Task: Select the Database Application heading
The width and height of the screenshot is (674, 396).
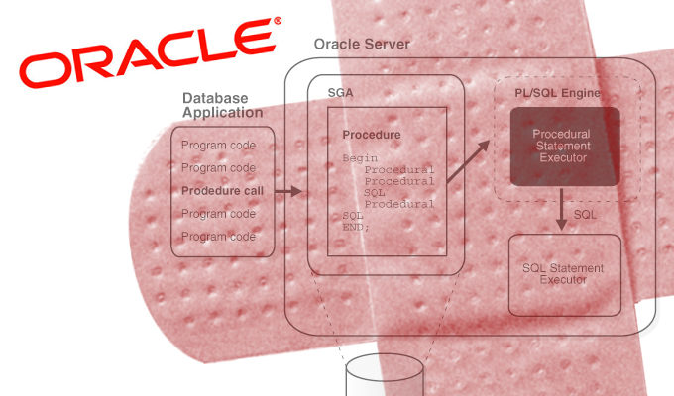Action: [215, 105]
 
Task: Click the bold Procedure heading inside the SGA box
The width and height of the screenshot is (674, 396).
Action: [371, 135]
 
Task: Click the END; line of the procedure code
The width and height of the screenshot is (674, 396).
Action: [356, 226]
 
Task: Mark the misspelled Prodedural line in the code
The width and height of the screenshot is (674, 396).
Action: [399, 203]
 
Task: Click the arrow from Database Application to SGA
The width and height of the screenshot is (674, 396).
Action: [287, 190]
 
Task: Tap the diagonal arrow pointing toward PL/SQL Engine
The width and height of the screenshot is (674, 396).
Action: [468, 162]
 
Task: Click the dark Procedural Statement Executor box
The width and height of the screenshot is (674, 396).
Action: [565, 146]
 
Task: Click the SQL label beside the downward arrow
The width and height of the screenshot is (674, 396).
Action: [586, 212]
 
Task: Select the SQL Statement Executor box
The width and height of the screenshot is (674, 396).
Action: [563, 273]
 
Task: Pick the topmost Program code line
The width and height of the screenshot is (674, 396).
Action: [218, 146]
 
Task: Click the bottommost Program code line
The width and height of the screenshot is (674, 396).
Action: [218, 236]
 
